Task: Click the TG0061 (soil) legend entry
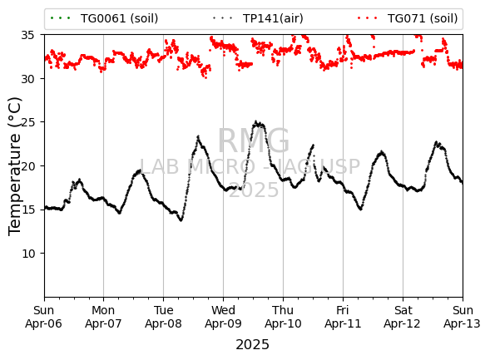[x=104, y=18]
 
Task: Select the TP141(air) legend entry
[x=258, y=18]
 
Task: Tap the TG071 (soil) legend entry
[x=408, y=18]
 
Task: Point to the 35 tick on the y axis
[x=27, y=35]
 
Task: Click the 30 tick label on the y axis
[x=27, y=79]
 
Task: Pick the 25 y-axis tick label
[x=27, y=122]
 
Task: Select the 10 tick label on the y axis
[x=27, y=254]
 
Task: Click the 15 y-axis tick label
[x=27, y=210]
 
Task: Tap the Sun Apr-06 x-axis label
[x=44, y=317]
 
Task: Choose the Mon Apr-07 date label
[x=103, y=317]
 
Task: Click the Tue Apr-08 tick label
[x=163, y=317]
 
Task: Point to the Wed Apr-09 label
[x=223, y=317]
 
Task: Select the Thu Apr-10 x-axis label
[x=283, y=317]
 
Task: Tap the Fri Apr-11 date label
[x=343, y=317]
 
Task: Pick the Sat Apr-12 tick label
[x=403, y=317]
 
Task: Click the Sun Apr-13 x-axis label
[x=463, y=317]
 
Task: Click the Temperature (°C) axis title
[x=15, y=167]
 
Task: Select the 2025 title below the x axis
[x=252, y=345]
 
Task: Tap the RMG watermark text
[x=254, y=141]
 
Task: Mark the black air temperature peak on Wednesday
[x=255, y=121]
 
